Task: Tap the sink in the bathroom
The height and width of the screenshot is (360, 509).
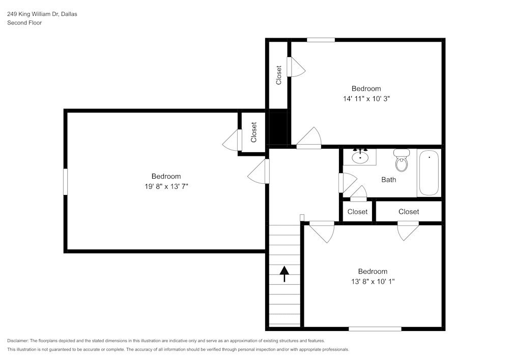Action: coord(360,157)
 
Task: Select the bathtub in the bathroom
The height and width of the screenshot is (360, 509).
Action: coord(429,173)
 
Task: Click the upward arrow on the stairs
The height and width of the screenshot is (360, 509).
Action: coord(285,274)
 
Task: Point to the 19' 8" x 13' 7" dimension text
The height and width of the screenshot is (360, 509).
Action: coord(166,186)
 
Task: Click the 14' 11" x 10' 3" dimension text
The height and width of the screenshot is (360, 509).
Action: coord(366,99)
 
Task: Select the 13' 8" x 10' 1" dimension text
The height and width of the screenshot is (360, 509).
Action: coord(373,282)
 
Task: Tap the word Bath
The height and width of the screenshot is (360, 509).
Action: coord(388,180)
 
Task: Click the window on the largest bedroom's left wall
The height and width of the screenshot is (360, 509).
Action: coord(65,182)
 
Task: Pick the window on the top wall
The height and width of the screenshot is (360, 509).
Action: coord(321,40)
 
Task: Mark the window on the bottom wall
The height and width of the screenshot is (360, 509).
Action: coord(375,329)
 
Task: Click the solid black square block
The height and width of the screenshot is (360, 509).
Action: coord(278,128)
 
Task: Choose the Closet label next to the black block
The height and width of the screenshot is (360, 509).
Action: coord(254,132)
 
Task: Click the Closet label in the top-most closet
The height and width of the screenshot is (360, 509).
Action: coord(278,75)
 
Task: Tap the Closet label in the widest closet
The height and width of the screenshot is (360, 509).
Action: coord(409,212)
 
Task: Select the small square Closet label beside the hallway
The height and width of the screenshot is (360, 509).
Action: coord(357,212)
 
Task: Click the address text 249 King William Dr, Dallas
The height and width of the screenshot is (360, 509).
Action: coord(42,14)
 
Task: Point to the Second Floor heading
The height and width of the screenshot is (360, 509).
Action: coord(24,23)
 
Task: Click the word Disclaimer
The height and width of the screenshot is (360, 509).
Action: coord(18,341)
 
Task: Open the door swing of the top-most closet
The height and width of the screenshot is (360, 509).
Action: coord(296,67)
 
